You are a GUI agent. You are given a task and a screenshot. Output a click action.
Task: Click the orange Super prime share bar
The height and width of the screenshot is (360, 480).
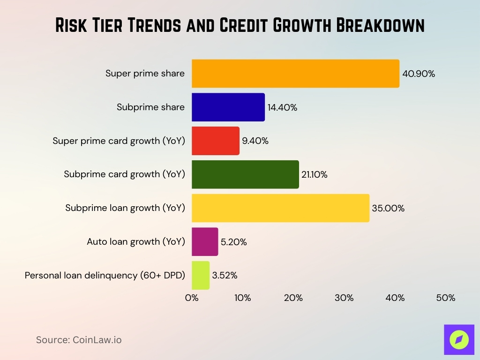(x=295, y=74)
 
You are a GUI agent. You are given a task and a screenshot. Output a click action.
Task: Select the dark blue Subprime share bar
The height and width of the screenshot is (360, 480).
(x=228, y=107)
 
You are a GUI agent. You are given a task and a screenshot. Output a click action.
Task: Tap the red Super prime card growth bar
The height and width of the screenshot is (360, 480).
(x=215, y=141)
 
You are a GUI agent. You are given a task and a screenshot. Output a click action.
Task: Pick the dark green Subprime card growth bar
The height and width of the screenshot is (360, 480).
(x=245, y=174)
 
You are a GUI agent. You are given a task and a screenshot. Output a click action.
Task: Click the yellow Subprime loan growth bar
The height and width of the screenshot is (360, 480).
(x=280, y=208)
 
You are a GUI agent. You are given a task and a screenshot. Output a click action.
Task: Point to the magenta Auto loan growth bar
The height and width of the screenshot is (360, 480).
(x=205, y=242)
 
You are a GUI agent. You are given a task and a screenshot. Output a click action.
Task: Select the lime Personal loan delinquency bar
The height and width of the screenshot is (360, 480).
(x=200, y=275)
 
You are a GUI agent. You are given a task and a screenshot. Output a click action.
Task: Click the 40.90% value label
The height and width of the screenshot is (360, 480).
(x=419, y=74)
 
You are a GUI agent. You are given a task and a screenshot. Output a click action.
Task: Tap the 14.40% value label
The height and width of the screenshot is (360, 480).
(x=282, y=107)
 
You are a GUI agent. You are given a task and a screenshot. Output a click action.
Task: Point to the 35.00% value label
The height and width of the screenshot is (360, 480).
(x=388, y=208)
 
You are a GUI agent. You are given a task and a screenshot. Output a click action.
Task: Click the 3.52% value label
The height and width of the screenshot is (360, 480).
(x=225, y=275)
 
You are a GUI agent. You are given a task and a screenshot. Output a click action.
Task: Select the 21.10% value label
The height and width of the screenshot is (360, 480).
(x=314, y=174)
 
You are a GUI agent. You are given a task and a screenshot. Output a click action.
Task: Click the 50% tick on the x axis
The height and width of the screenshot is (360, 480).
(x=445, y=298)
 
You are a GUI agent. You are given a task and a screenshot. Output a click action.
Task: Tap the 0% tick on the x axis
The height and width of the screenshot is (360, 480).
(x=192, y=298)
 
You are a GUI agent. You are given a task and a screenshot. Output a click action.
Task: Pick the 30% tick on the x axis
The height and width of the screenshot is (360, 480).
(x=344, y=298)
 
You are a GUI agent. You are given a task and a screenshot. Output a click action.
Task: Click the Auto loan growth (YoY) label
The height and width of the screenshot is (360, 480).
(x=136, y=242)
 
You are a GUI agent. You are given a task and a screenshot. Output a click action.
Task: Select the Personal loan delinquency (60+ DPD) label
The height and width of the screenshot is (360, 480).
(x=105, y=275)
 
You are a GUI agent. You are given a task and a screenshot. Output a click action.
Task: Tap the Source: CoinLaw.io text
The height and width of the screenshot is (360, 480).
(x=79, y=340)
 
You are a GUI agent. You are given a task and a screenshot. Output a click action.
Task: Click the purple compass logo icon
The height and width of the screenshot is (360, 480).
(x=459, y=339)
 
